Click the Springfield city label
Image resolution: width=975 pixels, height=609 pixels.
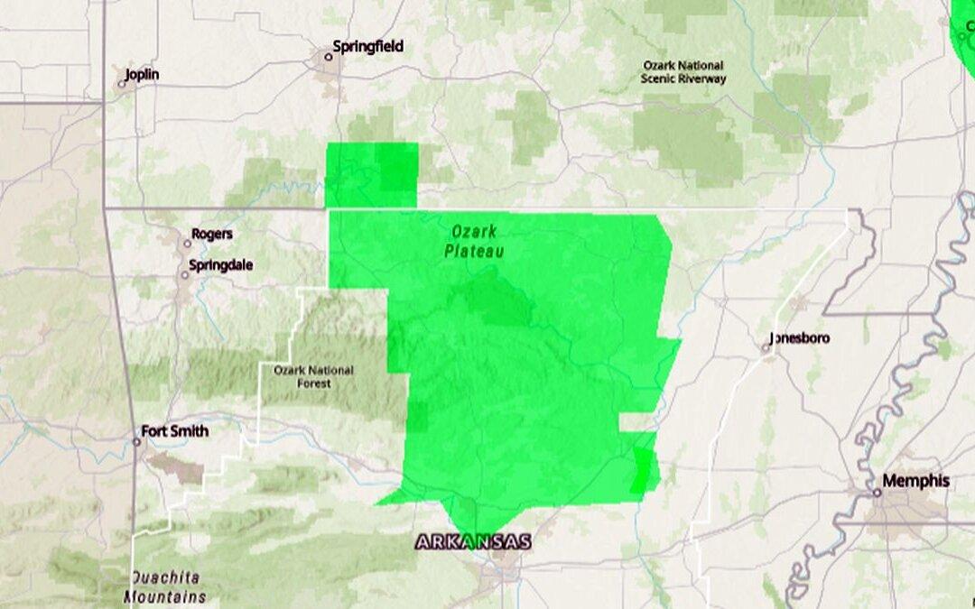[x=367, y=46]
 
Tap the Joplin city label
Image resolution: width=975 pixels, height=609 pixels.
[x=142, y=74]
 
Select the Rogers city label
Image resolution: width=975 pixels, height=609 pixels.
[x=212, y=234]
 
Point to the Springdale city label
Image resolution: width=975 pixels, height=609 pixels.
[x=221, y=265]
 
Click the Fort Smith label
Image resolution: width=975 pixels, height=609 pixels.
[x=176, y=431]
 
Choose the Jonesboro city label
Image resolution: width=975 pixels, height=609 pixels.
[x=800, y=338]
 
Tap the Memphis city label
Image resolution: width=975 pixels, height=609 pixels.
[x=915, y=481]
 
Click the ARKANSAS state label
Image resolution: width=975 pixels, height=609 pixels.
[x=474, y=542]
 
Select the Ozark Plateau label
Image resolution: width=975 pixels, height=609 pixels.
[x=474, y=241]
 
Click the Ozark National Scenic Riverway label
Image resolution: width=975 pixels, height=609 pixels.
[x=683, y=72]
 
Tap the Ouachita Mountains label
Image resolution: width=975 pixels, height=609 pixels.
[x=164, y=586]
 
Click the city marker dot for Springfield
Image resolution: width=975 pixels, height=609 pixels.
[x=329, y=57]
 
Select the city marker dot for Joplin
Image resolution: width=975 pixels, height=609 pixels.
[x=123, y=84]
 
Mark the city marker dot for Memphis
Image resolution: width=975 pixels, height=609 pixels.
[x=877, y=493]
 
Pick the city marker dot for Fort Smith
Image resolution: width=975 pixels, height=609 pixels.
[x=137, y=442]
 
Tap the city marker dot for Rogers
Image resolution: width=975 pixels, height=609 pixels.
[x=187, y=243]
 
